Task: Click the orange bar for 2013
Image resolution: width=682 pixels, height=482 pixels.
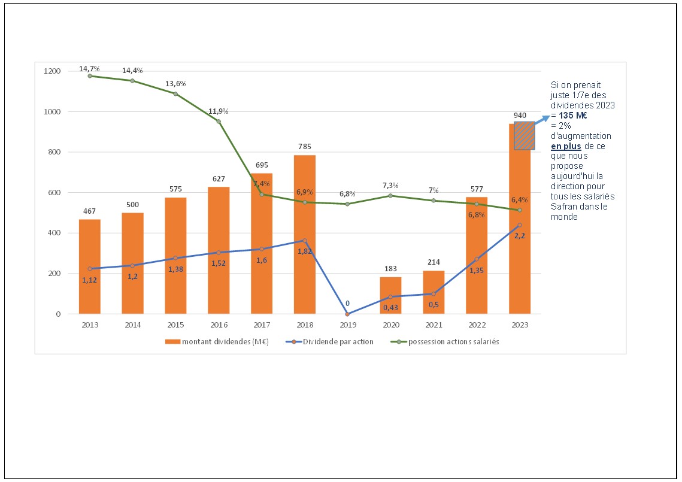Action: click(89, 266)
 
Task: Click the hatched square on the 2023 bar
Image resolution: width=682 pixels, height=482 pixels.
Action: click(525, 135)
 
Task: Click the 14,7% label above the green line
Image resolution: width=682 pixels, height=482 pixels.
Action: click(89, 69)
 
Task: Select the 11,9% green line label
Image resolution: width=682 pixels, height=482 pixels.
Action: click(219, 111)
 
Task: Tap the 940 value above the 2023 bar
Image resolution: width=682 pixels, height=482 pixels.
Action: click(520, 114)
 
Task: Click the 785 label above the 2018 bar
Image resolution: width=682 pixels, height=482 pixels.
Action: click(304, 146)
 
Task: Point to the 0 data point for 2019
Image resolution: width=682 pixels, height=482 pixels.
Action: click(347, 314)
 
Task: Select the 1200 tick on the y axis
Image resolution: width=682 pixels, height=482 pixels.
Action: click(52, 71)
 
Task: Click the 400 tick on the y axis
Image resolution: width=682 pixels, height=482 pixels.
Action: click(54, 233)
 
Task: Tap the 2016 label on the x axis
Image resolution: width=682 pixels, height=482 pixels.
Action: click(219, 325)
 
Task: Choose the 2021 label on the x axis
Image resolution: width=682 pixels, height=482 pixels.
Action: click(434, 325)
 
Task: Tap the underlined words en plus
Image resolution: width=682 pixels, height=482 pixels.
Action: click(566, 145)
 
